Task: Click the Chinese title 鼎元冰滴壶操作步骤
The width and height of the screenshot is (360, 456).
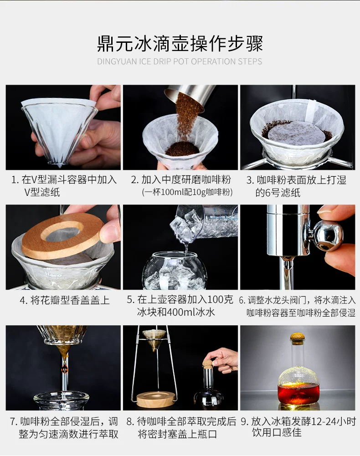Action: tap(180, 44)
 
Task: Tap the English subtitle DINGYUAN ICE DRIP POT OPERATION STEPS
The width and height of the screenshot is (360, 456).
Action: tap(180, 61)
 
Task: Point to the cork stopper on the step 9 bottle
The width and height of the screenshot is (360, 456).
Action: tap(298, 338)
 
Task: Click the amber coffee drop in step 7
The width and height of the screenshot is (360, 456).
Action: tap(65, 369)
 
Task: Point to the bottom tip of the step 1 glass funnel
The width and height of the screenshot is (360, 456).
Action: tap(60, 167)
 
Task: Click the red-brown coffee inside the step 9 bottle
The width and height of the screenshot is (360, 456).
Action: tap(298, 393)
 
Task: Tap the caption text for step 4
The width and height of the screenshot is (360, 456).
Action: tap(65, 300)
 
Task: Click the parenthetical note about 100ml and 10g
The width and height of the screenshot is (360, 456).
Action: tap(187, 192)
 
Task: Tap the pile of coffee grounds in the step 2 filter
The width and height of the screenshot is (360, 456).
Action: tap(182, 149)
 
